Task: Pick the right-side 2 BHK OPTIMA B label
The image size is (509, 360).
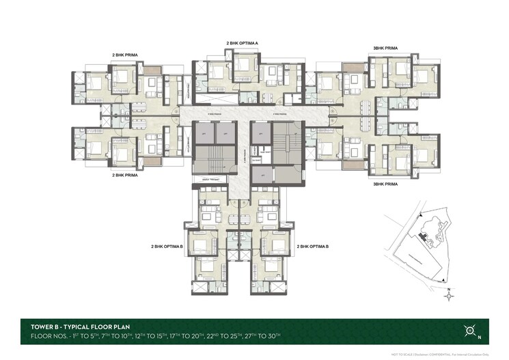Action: click(x=312, y=245)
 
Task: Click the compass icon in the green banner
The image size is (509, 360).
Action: click(x=470, y=331)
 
